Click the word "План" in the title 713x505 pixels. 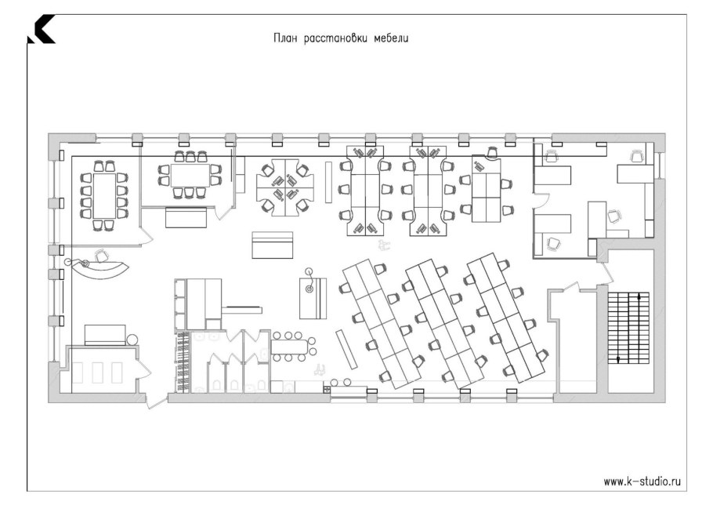[x=285, y=38]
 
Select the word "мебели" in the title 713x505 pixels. [x=391, y=38]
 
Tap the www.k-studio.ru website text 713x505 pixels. [x=642, y=481]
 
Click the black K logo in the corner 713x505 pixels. [x=41, y=29]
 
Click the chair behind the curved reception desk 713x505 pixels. [x=102, y=256]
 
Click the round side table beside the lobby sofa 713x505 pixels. [x=132, y=340]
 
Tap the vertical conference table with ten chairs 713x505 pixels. [x=104, y=195]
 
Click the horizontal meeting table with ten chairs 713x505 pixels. [x=190, y=175]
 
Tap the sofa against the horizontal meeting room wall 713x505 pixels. [x=186, y=217]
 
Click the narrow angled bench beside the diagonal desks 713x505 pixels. [x=348, y=350]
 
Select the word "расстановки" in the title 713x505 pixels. [x=335, y=38]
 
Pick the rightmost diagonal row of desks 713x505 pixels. [x=506, y=317]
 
